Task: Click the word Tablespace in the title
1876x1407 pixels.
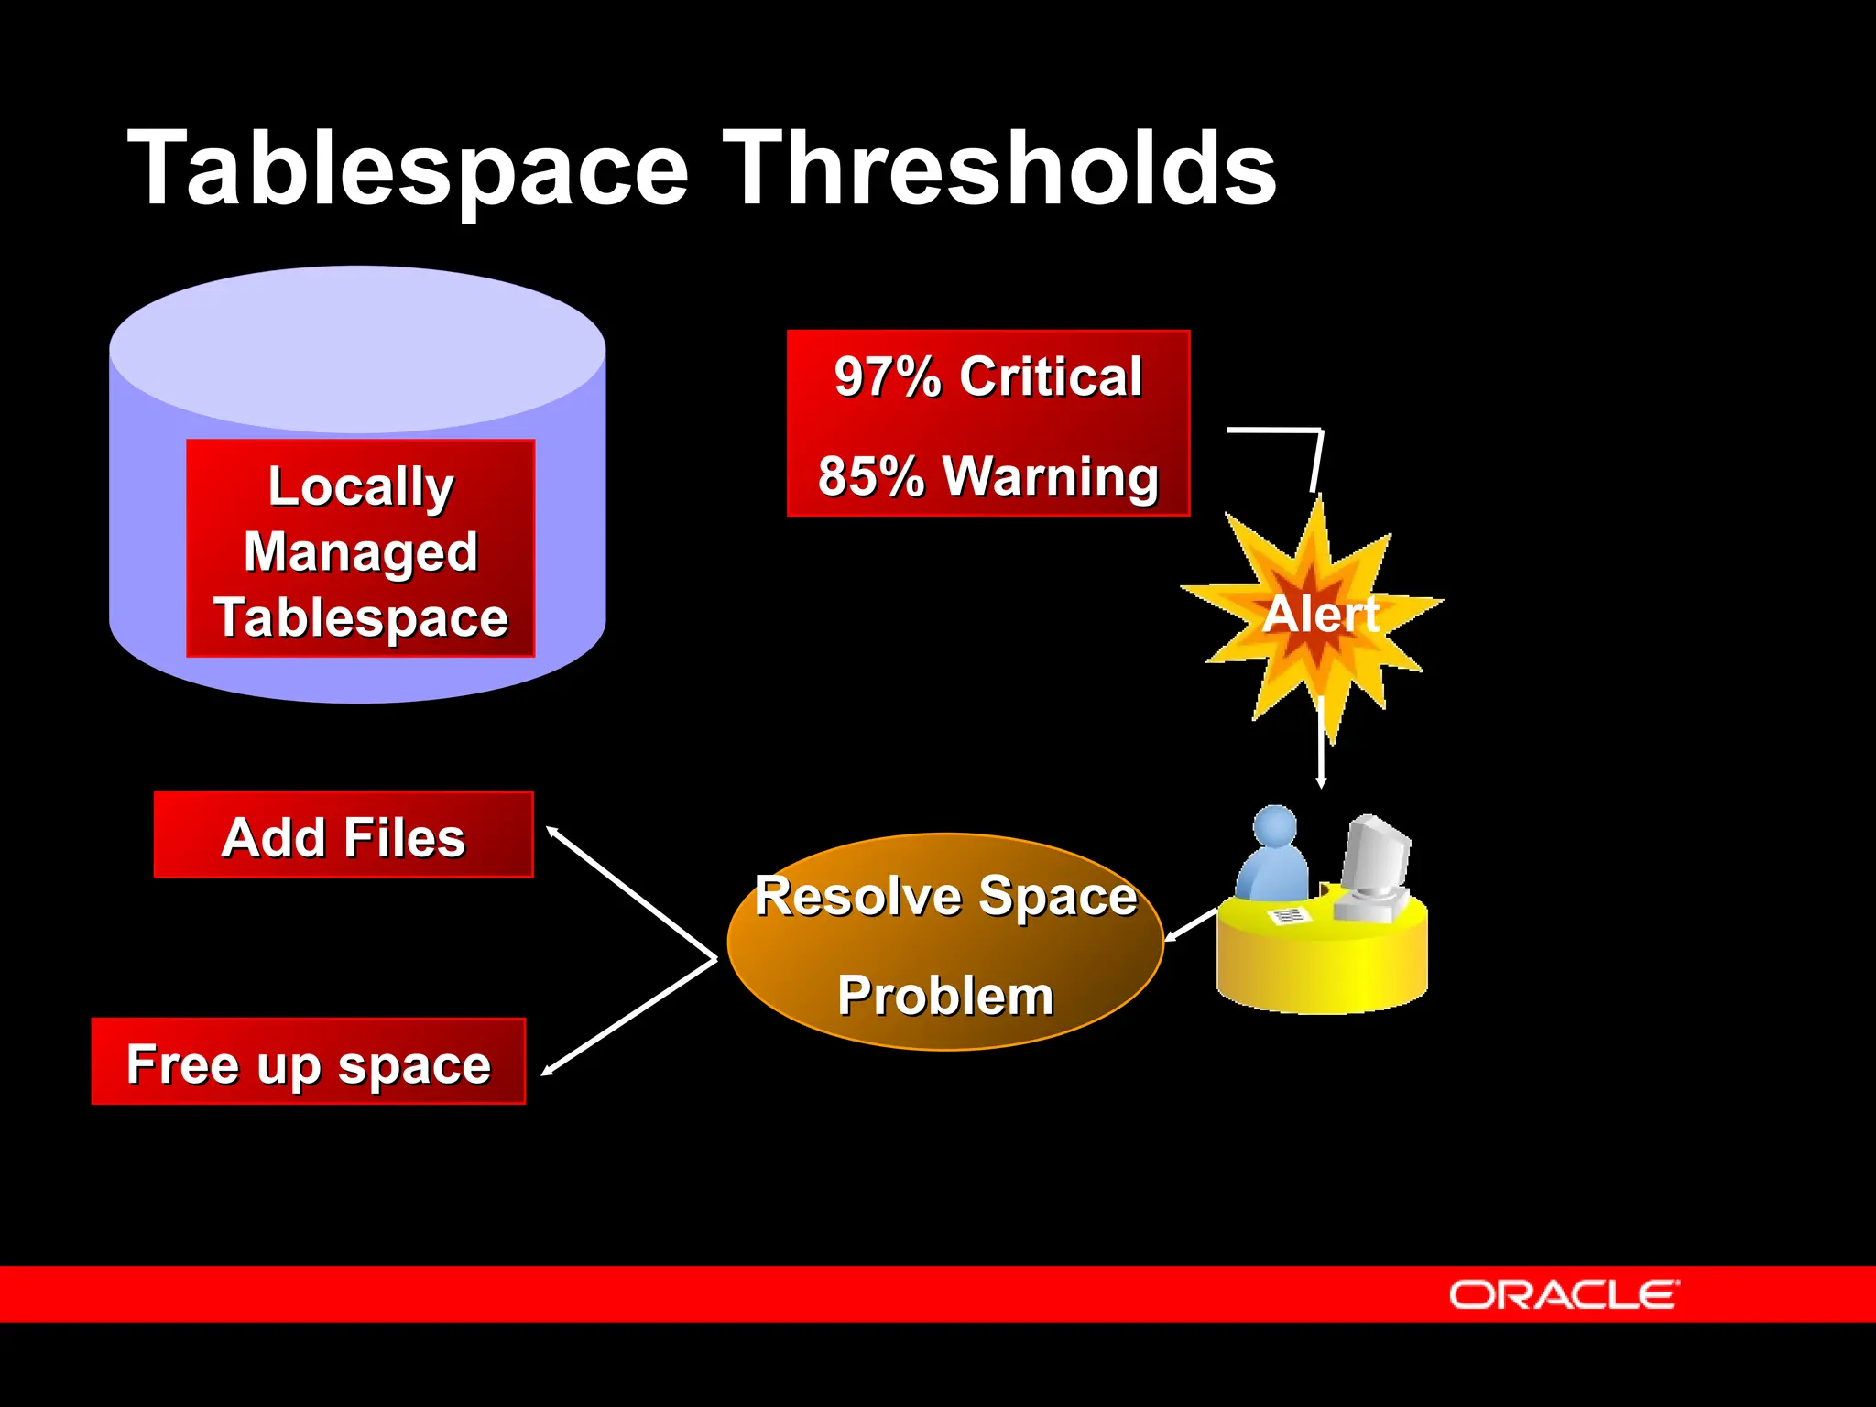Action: (408, 169)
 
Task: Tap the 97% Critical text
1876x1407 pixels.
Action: (987, 376)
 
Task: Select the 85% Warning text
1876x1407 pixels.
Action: (987, 476)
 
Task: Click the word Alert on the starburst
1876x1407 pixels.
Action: (1320, 614)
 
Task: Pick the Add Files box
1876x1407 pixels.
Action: (344, 835)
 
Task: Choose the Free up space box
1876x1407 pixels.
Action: (309, 1063)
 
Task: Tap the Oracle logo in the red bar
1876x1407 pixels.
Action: (1564, 1295)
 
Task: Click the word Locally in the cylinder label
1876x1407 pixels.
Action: (360, 486)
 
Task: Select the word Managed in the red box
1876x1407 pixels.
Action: (360, 552)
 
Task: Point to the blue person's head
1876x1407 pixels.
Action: (1275, 826)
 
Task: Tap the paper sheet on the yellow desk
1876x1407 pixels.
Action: (1288, 915)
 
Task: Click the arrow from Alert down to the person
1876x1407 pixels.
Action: (1320, 742)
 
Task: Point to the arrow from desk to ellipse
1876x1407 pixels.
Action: (1190, 925)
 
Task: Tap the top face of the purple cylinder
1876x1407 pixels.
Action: (357, 348)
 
